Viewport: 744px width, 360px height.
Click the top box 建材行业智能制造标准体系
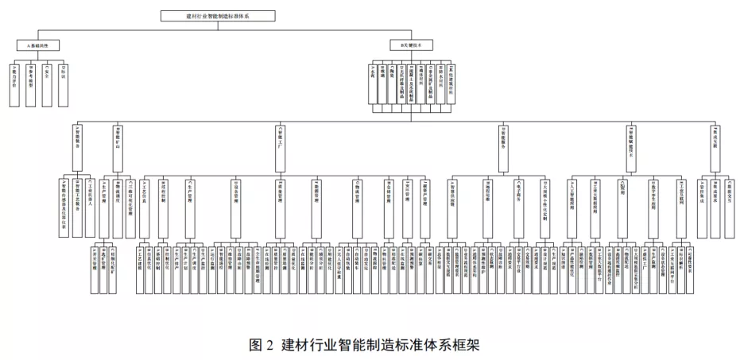coord(217,15)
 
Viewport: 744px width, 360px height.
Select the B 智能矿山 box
coord(118,148)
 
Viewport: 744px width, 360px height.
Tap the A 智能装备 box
coord(78,148)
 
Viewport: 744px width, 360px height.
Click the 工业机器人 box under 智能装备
coord(91,207)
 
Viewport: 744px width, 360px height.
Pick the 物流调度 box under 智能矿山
coord(118,207)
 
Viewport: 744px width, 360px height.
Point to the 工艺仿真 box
coord(144,207)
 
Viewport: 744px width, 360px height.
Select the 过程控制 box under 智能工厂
coord(163,207)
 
